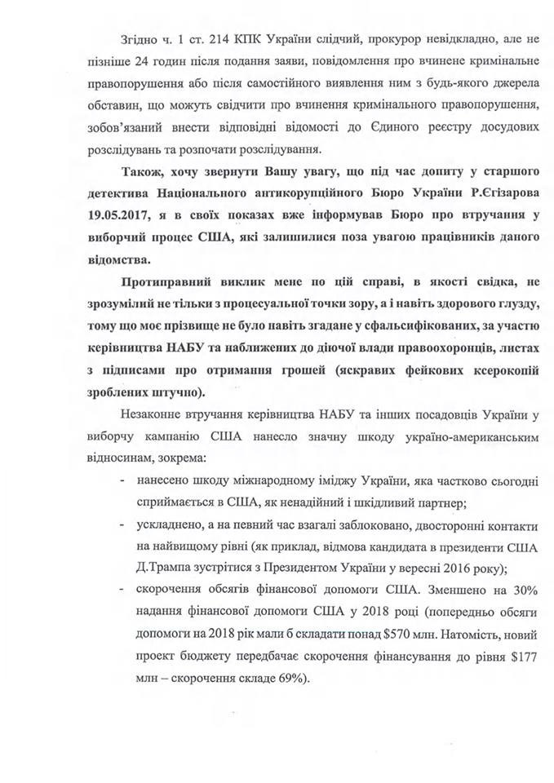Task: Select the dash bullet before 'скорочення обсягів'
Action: [x=122, y=587]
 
